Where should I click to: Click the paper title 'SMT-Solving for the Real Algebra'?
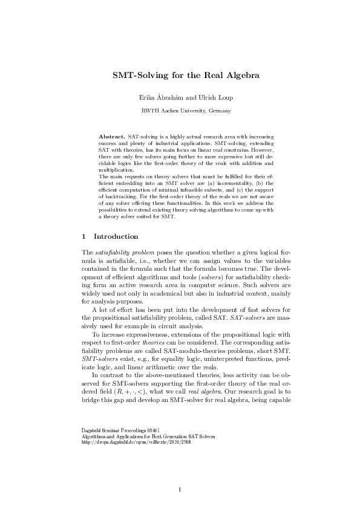180,76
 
